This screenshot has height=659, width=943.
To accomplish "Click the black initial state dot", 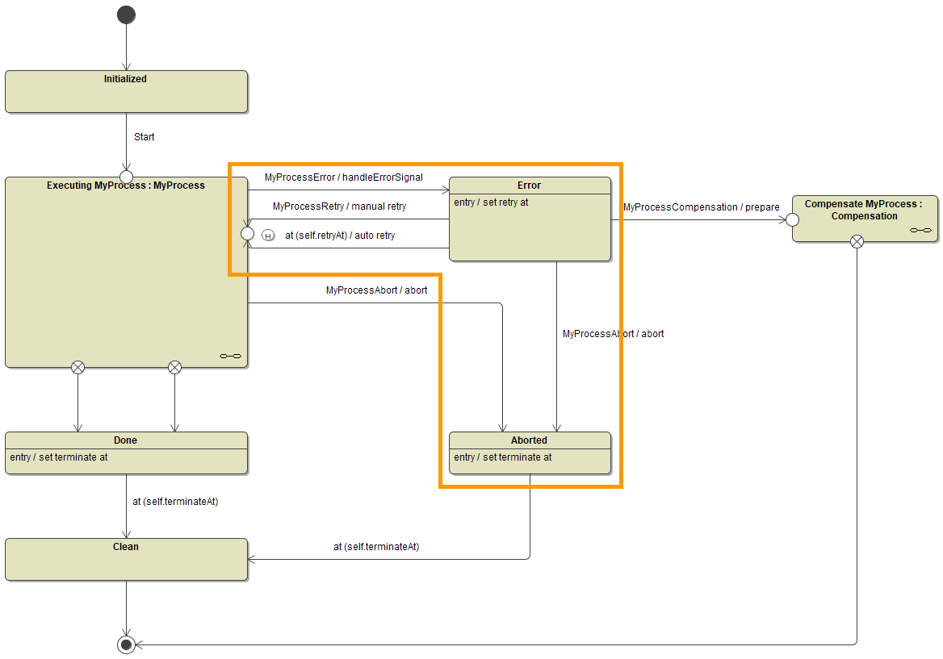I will click(126, 15).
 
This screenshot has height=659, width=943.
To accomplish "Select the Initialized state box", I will click(126, 91).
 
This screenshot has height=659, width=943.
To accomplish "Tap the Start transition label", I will click(145, 137).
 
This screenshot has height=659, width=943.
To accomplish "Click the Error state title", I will click(530, 186).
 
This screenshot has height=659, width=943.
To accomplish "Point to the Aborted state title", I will click(530, 440).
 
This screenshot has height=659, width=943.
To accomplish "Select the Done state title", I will click(126, 440).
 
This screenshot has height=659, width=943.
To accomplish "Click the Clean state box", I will click(126, 559).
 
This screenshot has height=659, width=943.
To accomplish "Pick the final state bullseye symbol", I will click(126, 644).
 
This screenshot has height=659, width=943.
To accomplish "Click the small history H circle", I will click(268, 236).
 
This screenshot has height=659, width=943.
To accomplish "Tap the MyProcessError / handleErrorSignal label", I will click(344, 177).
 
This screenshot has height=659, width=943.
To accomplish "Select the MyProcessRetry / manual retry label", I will click(339, 206).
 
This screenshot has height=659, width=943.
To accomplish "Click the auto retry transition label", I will click(340, 236).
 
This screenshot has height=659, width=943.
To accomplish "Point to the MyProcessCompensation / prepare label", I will click(702, 207).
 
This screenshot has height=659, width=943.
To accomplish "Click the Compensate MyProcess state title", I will click(864, 210).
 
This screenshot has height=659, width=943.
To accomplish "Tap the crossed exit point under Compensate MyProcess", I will click(857, 241).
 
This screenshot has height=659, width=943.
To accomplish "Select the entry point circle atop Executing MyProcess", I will click(126, 177).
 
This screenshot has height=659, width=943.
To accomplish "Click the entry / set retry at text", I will click(491, 202).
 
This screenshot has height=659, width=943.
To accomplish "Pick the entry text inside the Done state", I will click(59, 457).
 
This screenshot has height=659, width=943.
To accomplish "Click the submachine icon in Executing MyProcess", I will click(231, 356).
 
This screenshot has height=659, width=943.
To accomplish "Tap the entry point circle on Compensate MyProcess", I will click(792, 219).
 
